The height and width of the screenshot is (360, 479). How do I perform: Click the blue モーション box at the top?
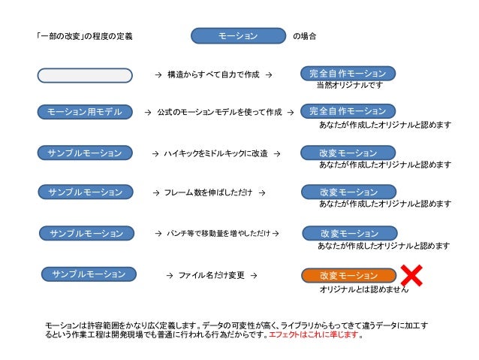(x=238, y=35)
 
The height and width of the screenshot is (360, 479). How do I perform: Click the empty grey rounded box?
(x=85, y=74)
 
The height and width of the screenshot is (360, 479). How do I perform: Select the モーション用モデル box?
(x=85, y=112)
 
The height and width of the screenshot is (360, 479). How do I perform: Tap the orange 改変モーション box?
(x=348, y=275)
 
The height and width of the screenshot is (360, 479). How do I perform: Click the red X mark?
(x=412, y=276)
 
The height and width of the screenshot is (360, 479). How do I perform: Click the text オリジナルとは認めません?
(x=364, y=289)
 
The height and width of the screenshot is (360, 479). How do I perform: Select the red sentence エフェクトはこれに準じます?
(x=315, y=335)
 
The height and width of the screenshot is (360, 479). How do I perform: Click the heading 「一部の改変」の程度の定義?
(x=84, y=36)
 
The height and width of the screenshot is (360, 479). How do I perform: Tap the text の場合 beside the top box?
(x=304, y=36)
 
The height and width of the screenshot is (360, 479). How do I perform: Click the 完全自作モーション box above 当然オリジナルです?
(x=348, y=73)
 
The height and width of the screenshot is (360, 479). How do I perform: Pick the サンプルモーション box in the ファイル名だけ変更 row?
(x=89, y=274)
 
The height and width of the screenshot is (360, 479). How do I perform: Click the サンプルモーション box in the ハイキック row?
(x=85, y=153)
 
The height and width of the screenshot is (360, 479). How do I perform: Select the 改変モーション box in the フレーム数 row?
(x=348, y=192)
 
